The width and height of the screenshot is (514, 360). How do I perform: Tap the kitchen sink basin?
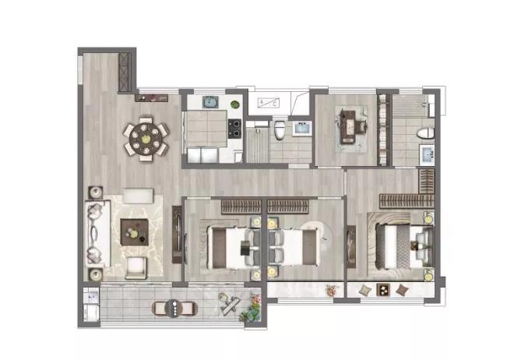(211, 101)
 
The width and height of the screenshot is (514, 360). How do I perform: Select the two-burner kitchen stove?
(233, 125)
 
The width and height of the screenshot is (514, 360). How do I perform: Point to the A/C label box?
(269, 103)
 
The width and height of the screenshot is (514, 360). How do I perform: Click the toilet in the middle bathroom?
(279, 129)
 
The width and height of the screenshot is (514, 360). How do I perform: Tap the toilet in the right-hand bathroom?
(424, 132)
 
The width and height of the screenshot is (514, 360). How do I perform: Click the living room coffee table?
(134, 228)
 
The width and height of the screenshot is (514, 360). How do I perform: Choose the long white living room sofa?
(96, 233)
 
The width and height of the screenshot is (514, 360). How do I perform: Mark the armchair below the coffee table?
(136, 267)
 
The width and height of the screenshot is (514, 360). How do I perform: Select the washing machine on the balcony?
(90, 304)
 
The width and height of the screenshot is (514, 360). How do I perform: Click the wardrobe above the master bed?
(406, 200)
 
